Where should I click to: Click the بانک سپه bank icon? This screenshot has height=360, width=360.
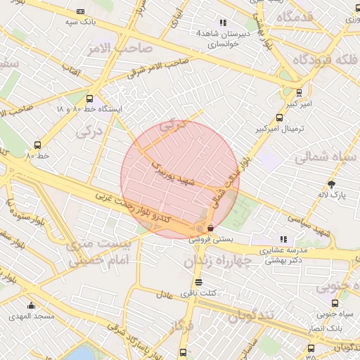coord(80,11)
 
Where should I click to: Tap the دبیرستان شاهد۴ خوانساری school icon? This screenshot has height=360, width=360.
coord(224,22)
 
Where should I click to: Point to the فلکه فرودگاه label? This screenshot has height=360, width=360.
coord(320,60)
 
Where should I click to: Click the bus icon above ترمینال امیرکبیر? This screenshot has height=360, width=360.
coord(300,92)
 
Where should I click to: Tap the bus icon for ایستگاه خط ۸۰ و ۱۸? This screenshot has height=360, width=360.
coord(89,99)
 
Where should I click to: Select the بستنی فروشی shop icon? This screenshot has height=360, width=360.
coord(210,227)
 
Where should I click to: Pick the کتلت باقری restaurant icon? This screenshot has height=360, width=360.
coord(198,281)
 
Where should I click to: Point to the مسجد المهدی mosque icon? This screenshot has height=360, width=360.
coord(31,305)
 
